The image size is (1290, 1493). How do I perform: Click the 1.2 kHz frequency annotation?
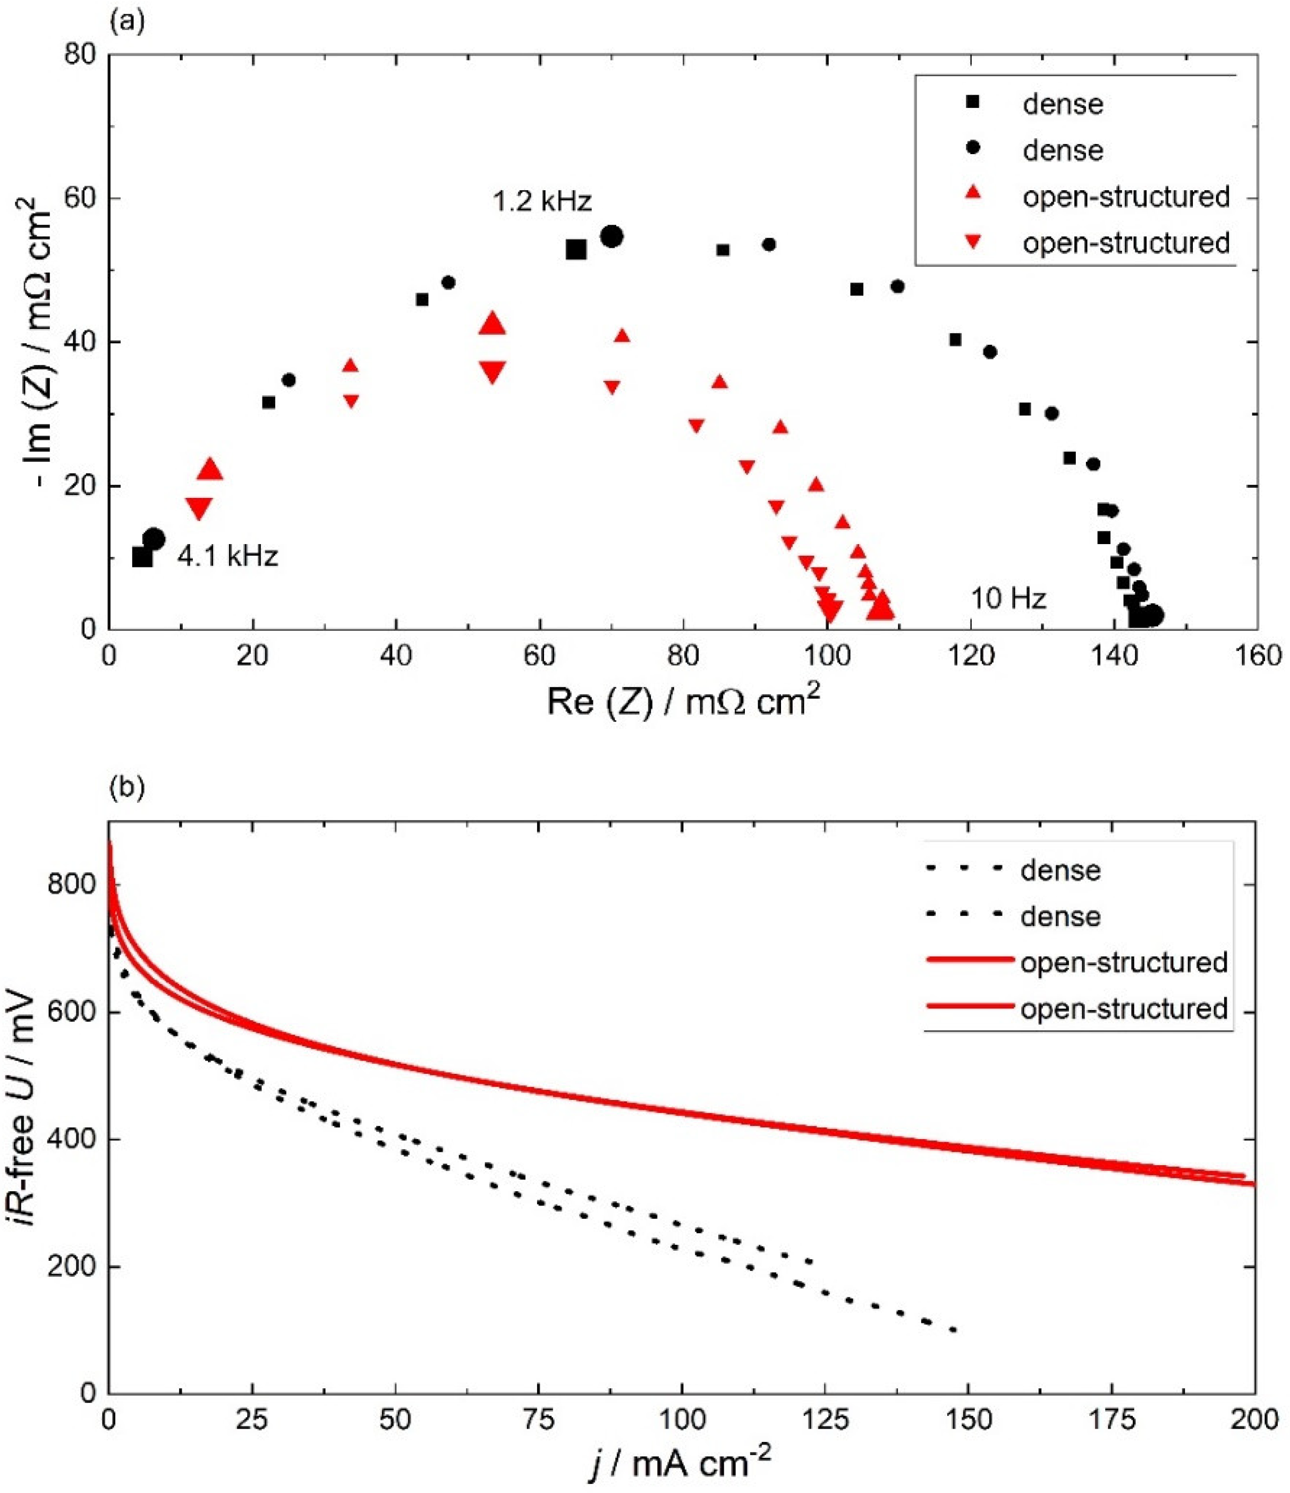[x=542, y=201]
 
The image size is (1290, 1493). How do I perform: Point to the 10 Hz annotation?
[x=1007, y=598]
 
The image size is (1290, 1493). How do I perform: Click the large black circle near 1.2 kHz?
[x=611, y=236]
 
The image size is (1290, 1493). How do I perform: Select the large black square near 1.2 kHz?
[x=576, y=249]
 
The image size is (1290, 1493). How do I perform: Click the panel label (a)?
[x=127, y=22]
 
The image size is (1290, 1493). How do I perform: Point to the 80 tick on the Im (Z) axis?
[x=81, y=55]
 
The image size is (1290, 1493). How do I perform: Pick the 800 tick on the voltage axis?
[x=71, y=884]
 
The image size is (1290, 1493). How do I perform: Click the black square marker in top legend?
[x=973, y=103]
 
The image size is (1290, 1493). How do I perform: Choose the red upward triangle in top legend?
[x=973, y=196]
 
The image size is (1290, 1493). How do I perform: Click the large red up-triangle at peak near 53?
[x=492, y=324]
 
